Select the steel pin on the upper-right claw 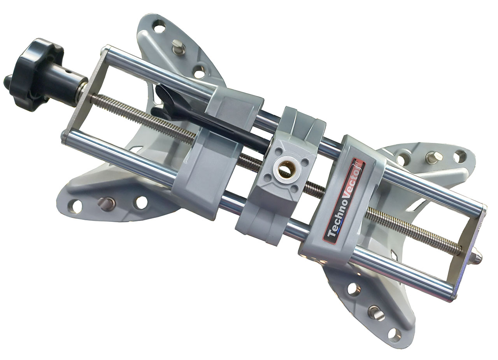click(433, 157)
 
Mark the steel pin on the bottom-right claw click(376, 314)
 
